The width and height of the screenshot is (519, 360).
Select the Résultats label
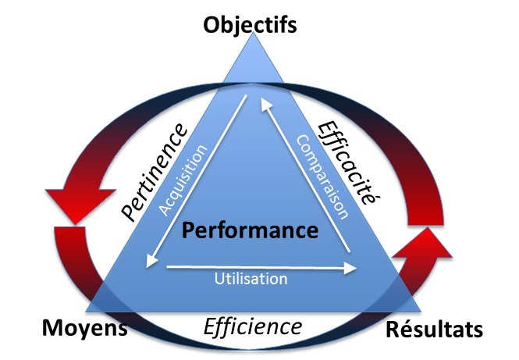tap(435, 330)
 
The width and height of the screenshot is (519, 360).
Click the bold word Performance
tap(249, 230)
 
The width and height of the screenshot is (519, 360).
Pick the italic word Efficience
tap(252, 325)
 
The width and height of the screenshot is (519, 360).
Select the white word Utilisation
tap(251, 278)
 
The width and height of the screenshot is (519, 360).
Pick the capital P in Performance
tap(187, 230)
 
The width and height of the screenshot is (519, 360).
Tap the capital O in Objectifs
tap(212, 23)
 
